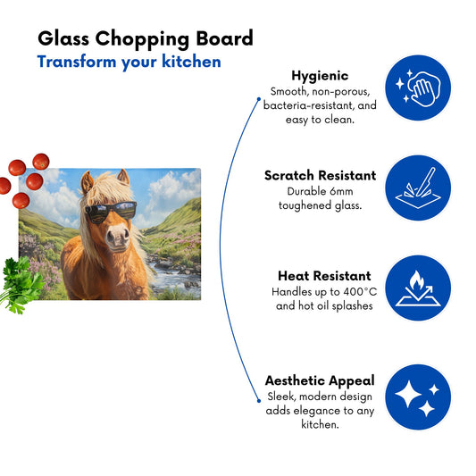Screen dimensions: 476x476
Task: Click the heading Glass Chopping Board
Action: click(x=146, y=39)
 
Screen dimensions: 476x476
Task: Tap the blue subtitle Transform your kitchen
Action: click(x=129, y=63)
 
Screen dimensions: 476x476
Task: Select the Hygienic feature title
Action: click(x=320, y=76)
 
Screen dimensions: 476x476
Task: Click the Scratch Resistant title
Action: click(x=320, y=175)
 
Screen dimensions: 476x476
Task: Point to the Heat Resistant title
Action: click(x=324, y=276)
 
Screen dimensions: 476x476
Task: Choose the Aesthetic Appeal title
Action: click(x=320, y=380)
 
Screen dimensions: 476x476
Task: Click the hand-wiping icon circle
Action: click(x=418, y=88)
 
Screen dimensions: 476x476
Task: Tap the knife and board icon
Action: click(x=418, y=188)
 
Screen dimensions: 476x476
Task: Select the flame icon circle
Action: click(x=418, y=288)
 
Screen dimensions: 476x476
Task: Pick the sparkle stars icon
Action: click(x=418, y=397)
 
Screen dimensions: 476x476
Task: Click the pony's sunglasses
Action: click(x=111, y=211)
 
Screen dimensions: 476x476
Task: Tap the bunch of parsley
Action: click(x=21, y=285)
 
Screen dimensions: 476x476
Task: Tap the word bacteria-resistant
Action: click(x=308, y=105)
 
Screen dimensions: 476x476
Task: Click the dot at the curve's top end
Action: click(x=259, y=99)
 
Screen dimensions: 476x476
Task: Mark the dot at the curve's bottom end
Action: click(x=259, y=401)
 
